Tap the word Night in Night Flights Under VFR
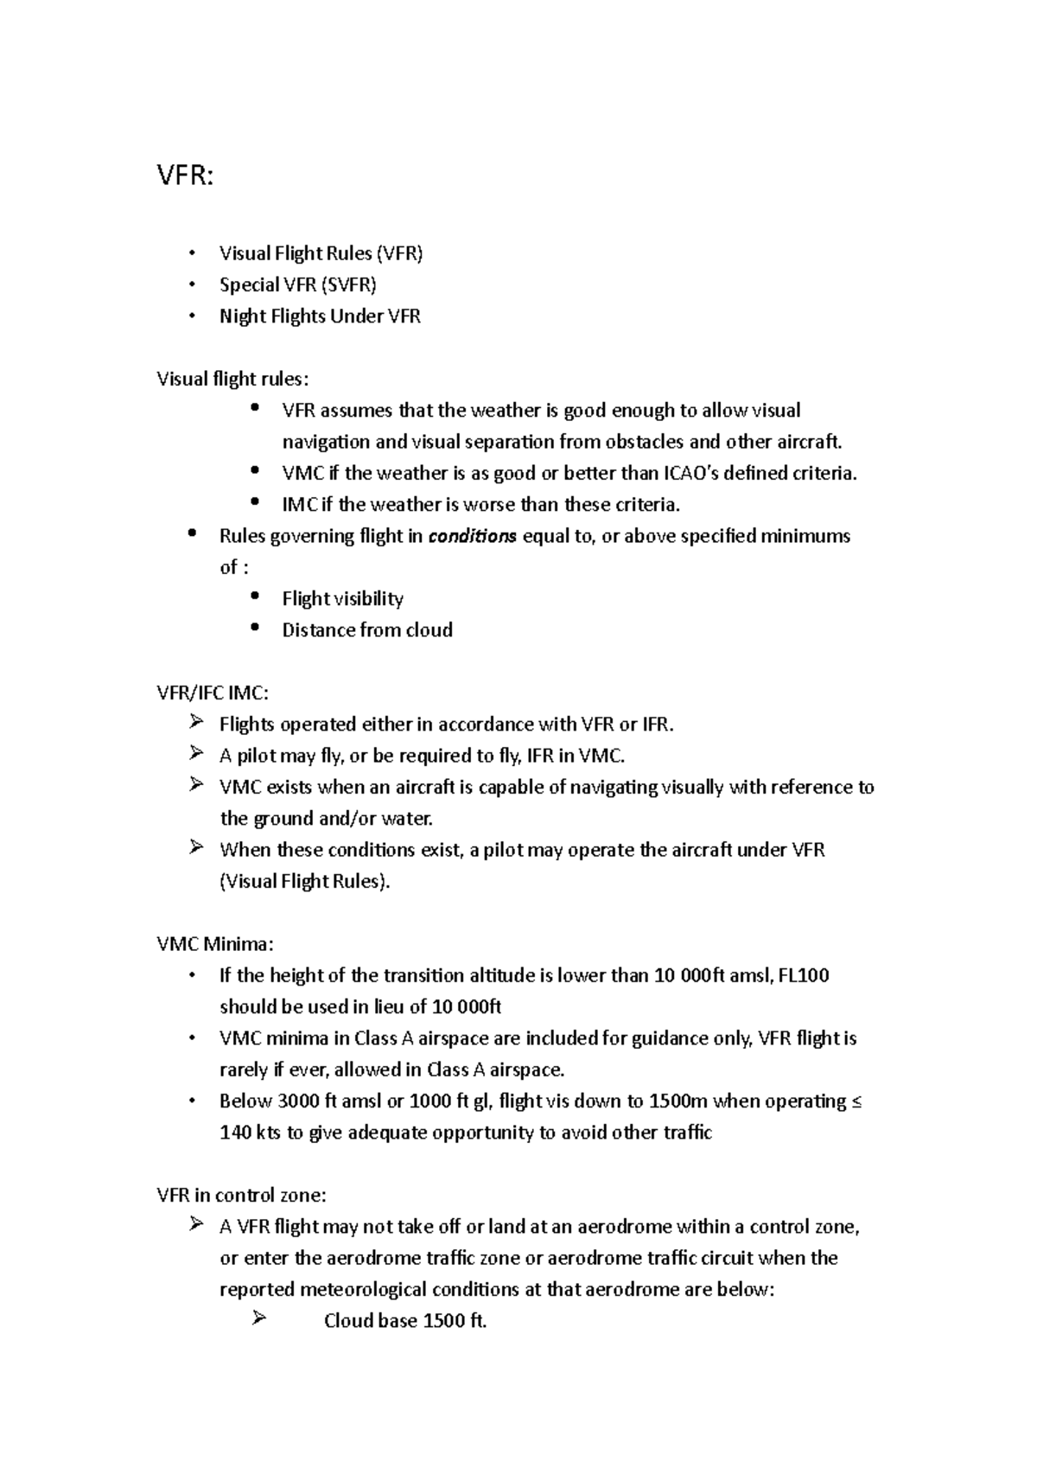click(243, 316)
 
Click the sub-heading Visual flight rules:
click(232, 379)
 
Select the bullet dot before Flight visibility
click(253, 597)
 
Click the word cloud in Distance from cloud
click(429, 629)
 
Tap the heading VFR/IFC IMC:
click(213, 693)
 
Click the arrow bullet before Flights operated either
click(195, 722)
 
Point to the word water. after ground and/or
click(406, 818)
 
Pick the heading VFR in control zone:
click(242, 1195)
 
